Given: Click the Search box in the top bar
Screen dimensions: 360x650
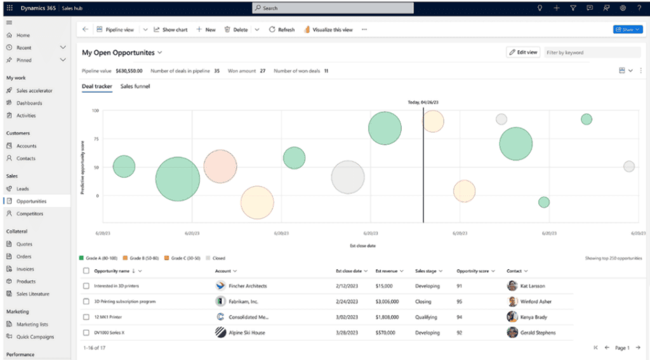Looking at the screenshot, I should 333,8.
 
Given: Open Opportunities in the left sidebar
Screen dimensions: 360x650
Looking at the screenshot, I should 31,201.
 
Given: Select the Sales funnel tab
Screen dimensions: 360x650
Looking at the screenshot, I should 135,86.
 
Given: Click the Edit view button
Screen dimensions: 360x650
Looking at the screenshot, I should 523,53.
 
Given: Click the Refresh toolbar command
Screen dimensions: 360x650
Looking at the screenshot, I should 282,30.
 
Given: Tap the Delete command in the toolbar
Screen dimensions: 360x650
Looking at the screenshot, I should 236,30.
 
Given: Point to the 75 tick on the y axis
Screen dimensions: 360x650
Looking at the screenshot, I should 95,139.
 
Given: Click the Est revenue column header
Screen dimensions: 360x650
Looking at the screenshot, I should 388,271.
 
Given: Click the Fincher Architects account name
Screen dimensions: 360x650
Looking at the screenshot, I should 248,286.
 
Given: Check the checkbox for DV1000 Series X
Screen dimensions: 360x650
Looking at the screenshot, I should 86,332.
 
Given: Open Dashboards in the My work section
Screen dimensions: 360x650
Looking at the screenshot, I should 29,103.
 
